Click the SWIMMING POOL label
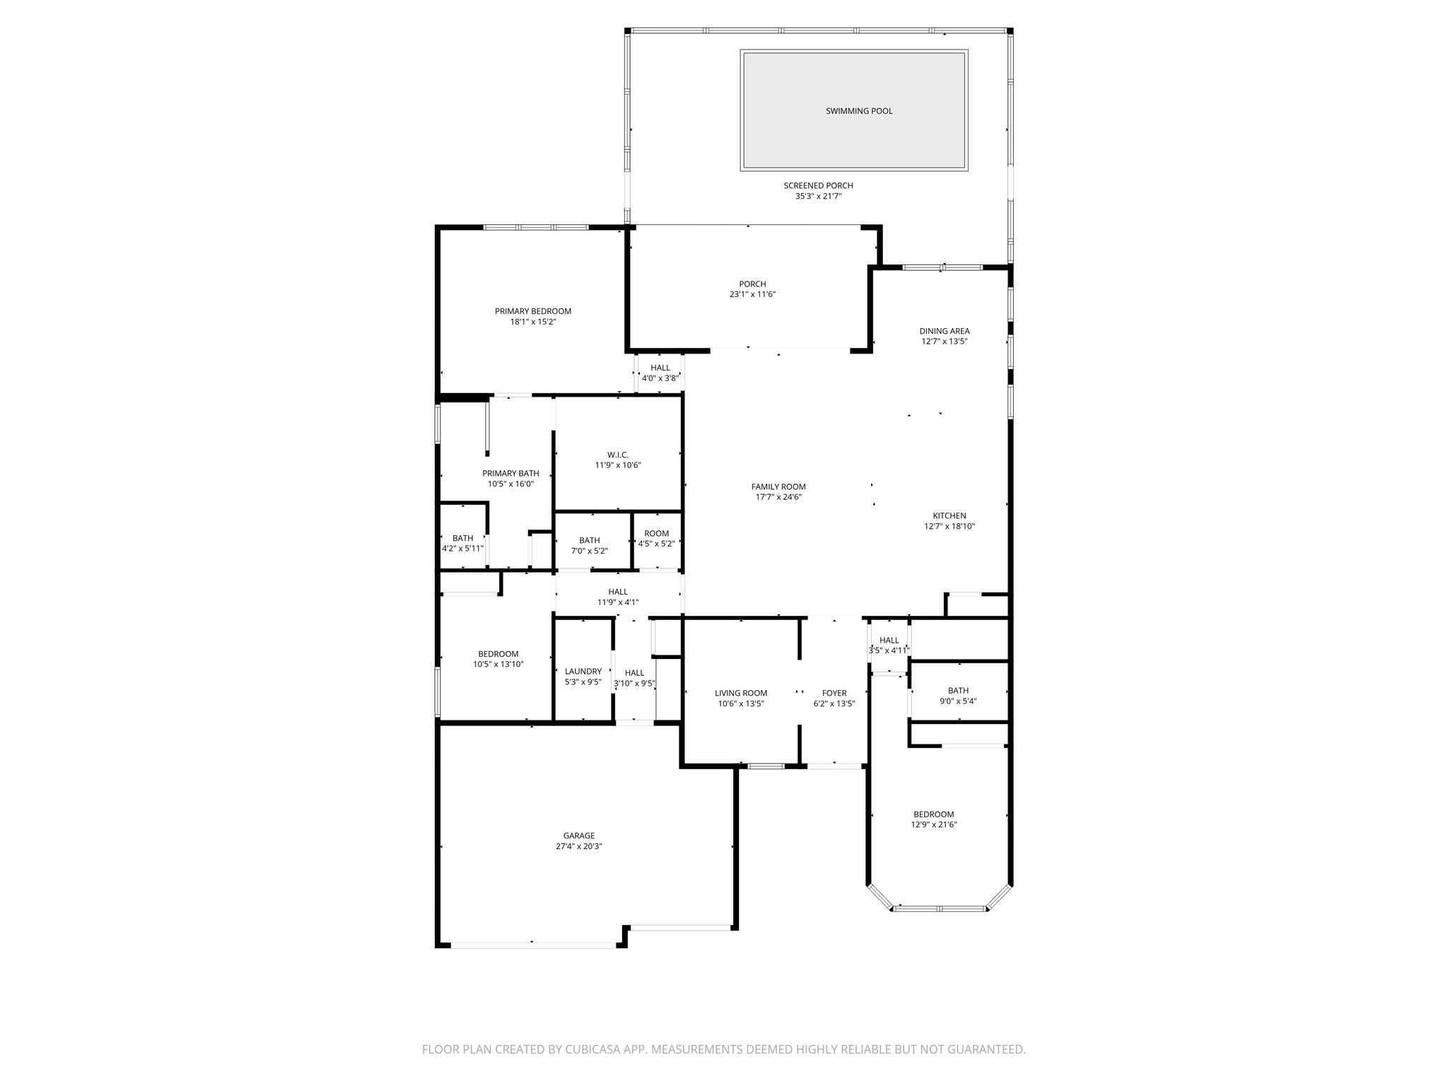[x=859, y=111]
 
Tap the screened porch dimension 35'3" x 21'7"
[x=818, y=196]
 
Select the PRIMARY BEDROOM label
[x=533, y=311]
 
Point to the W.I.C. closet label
[x=618, y=455]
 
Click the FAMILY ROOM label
[x=778, y=486]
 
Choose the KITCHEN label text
[x=950, y=516]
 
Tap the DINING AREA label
[x=945, y=331]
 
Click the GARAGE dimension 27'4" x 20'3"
[x=579, y=846]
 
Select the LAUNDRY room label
[x=583, y=672]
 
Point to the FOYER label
[x=834, y=693]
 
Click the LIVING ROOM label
[x=741, y=693]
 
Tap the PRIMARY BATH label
[x=510, y=474]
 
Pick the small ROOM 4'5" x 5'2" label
[x=657, y=539]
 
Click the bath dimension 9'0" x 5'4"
[x=959, y=701]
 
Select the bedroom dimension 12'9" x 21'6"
[x=934, y=824]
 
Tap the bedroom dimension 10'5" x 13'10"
[x=498, y=664]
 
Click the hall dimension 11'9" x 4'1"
[x=618, y=602]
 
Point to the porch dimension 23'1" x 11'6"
[x=752, y=294]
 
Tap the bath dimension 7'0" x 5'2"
[x=590, y=551]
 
